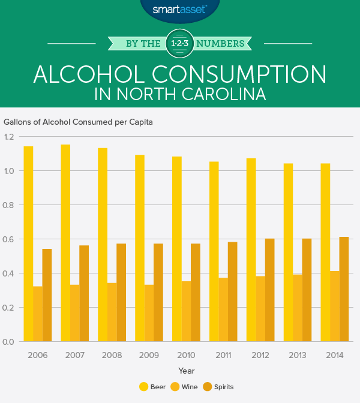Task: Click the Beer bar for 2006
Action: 28,243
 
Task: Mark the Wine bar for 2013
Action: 298,308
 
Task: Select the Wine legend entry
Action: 186,387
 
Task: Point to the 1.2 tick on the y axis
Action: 10,137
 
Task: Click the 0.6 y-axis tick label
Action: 10,239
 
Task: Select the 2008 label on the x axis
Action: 112,356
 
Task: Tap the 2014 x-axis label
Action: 335,356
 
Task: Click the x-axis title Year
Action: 186,371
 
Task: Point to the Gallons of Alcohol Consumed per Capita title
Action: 78,122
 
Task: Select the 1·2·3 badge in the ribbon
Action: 181,43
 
